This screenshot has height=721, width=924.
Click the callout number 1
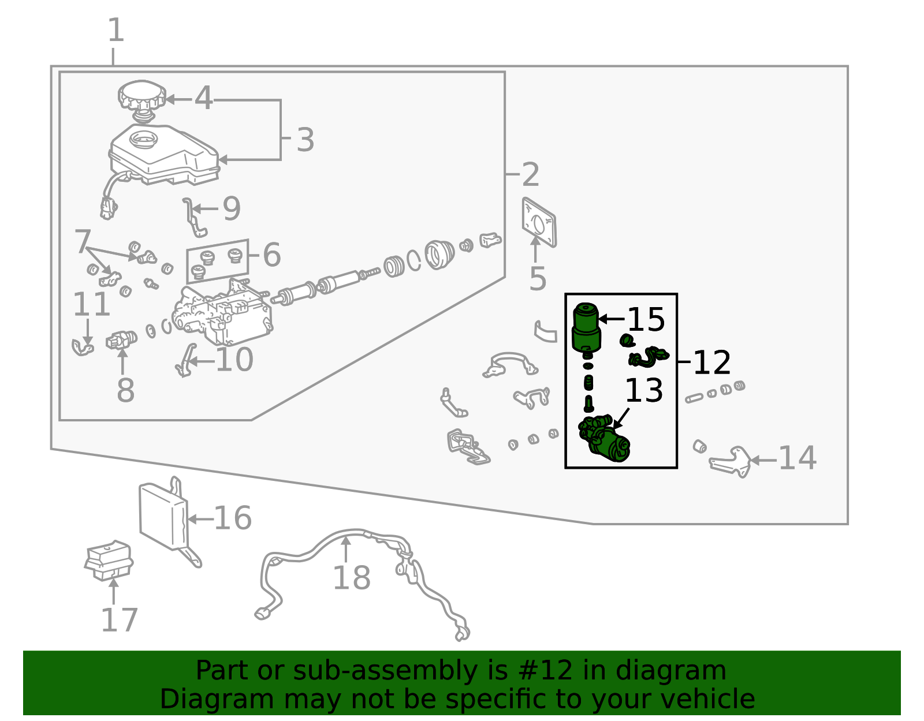pyautogui.click(x=116, y=30)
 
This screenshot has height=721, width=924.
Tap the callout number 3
pyautogui.click(x=305, y=140)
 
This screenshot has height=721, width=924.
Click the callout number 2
pyautogui.click(x=530, y=174)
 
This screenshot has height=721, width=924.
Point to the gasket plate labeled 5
pyautogui.click(x=539, y=222)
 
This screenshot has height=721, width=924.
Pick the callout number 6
pyautogui.click(x=272, y=255)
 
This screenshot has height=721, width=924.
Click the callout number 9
pyautogui.click(x=232, y=208)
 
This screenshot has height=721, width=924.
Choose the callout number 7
pyautogui.click(x=83, y=241)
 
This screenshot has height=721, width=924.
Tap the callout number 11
pyautogui.click(x=91, y=304)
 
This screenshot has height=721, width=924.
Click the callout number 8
pyautogui.click(x=125, y=390)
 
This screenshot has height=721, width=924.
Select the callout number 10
pyautogui.click(x=234, y=360)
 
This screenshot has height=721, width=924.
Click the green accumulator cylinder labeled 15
pyautogui.click(x=586, y=328)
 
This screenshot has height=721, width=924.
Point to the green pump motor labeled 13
pyautogui.click(x=604, y=439)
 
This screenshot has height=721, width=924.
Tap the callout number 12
pyautogui.click(x=712, y=363)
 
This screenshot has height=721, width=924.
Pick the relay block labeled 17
pyautogui.click(x=109, y=561)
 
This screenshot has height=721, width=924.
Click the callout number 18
pyautogui.click(x=352, y=578)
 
